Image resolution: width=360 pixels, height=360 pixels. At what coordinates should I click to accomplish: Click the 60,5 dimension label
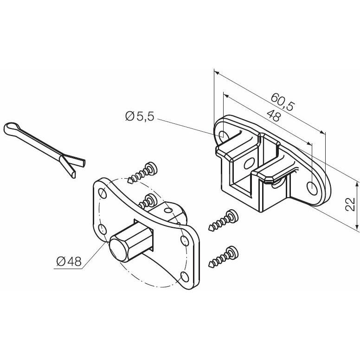(282, 102)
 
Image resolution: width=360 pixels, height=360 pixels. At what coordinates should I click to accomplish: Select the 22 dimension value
(350, 204)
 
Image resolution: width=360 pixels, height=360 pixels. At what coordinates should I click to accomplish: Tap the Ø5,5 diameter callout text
(140, 116)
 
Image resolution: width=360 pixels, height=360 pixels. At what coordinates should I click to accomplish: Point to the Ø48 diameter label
(69, 261)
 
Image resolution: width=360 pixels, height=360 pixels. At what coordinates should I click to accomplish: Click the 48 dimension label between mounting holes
(274, 116)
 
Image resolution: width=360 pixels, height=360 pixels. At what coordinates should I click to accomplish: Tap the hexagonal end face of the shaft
(118, 250)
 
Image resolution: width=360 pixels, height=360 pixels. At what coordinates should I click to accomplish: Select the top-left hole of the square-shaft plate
(103, 193)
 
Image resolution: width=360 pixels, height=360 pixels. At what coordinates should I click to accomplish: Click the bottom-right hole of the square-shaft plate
(185, 276)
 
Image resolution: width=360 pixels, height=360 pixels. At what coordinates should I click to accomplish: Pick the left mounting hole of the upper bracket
(224, 135)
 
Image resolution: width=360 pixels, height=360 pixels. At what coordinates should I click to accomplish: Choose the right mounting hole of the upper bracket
(312, 188)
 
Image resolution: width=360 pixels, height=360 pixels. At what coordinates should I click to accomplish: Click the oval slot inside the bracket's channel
(249, 163)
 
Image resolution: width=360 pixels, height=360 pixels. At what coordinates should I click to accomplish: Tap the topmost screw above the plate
(143, 172)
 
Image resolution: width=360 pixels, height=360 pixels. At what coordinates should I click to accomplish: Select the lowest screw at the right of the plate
(224, 257)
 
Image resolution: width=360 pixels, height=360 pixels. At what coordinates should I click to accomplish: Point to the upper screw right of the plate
(224, 220)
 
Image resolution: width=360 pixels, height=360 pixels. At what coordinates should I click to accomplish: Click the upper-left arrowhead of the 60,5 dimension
(217, 73)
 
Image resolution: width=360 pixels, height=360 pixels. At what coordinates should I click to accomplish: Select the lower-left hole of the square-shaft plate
(102, 229)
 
